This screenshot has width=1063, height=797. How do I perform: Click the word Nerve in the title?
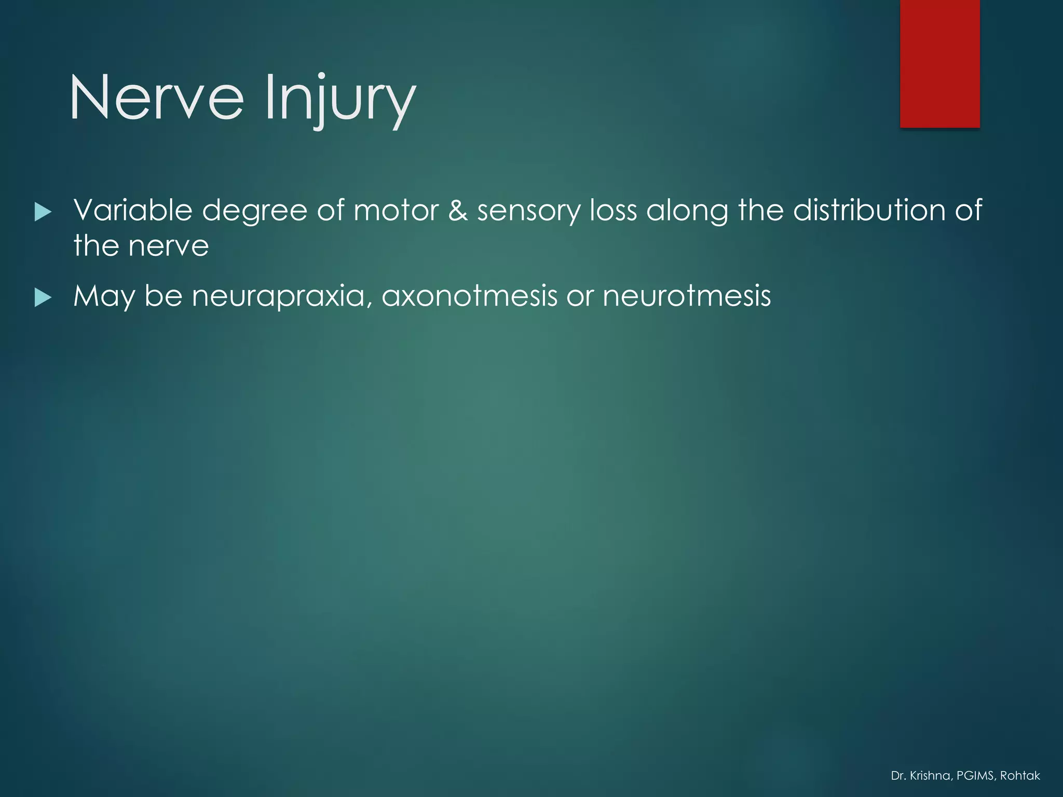[156, 98]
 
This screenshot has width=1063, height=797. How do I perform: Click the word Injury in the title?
[340, 99]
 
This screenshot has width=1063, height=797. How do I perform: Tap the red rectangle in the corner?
[939, 63]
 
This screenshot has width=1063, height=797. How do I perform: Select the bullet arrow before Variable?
[43, 212]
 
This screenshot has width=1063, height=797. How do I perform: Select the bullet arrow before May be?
[43, 298]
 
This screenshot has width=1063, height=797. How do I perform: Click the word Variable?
[133, 210]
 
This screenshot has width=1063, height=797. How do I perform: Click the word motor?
[396, 211]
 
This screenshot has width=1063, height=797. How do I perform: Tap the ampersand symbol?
[458, 211]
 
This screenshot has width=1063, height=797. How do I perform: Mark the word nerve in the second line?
[169, 246]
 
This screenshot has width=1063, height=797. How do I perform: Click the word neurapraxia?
[282, 297]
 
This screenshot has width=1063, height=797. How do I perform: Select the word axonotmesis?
[469, 296]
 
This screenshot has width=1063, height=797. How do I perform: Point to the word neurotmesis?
[686, 296]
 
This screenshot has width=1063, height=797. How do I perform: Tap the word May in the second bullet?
[104, 297]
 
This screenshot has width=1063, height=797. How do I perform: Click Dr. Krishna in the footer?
[920, 776]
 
